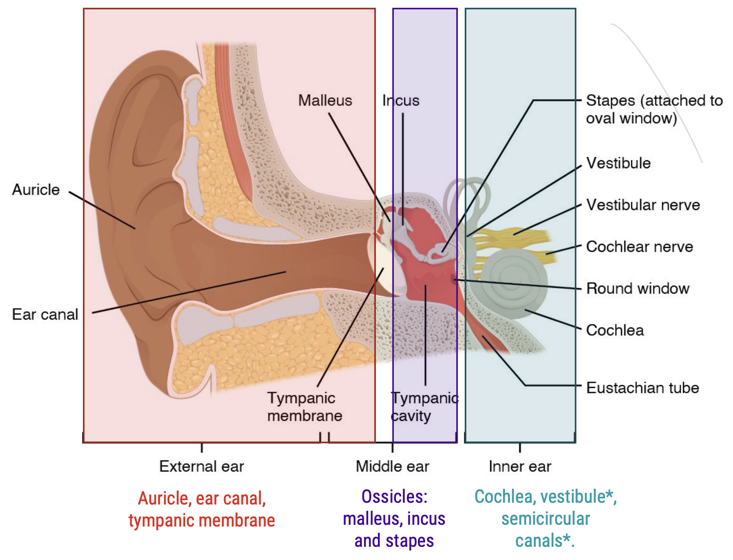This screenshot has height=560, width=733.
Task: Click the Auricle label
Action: tap(36, 190)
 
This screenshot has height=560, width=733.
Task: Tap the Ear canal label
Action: tap(45, 314)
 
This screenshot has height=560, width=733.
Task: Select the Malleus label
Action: tap(325, 100)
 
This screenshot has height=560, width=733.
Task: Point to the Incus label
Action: tap(401, 100)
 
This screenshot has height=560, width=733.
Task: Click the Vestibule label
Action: tap(618, 163)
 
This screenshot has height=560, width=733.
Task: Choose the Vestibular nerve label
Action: tap(643, 205)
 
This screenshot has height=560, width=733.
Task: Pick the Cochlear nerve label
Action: tap(639, 247)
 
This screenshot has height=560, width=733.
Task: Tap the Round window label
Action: tap(638, 288)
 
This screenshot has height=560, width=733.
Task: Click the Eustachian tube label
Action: tap(642, 388)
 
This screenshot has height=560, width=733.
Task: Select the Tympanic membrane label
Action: tap(304, 407)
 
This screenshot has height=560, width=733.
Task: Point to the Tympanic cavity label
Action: tap(424, 407)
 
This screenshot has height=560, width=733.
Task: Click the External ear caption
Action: tap(202, 466)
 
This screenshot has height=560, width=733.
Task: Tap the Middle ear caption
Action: tap(392, 466)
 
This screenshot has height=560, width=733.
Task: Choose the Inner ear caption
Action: tap(520, 466)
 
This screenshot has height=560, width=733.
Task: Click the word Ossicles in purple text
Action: tap(394, 497)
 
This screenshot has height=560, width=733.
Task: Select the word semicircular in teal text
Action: tap(546, 519)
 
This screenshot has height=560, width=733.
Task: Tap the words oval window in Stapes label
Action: tap(631, 118)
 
